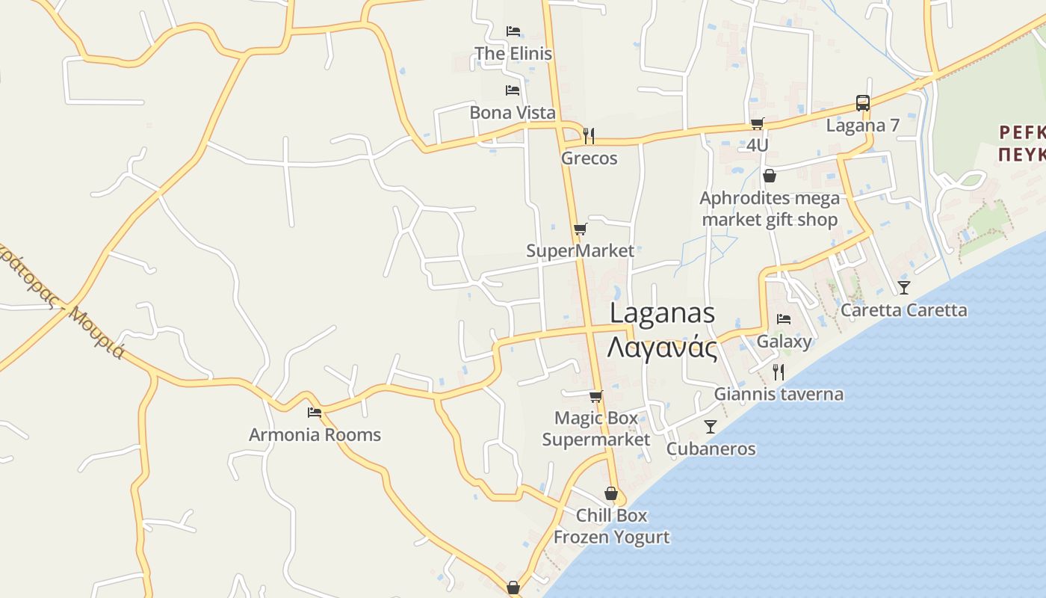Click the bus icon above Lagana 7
click(862, 103)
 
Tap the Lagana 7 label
click(862, 126)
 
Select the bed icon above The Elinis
click(513, 31)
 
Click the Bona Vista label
click(513, 113)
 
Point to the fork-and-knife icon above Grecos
click(589, 135)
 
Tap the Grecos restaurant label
click(589, 158)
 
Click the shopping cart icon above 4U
click(757, 123)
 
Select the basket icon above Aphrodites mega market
click(769, 176)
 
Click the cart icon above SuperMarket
click(580, 229)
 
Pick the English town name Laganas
click(662, 313)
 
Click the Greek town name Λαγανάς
click(662, 348)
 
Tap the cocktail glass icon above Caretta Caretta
click(904, 287)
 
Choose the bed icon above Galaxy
click(783, 318)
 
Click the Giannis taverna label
click(779, 394)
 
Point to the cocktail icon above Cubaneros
click(710, 426)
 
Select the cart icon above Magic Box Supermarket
click(595, 396)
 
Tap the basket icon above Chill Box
click(611, 493)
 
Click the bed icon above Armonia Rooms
click(315, 412)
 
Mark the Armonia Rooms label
click(315, 435)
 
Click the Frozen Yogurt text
click(611, 537)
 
